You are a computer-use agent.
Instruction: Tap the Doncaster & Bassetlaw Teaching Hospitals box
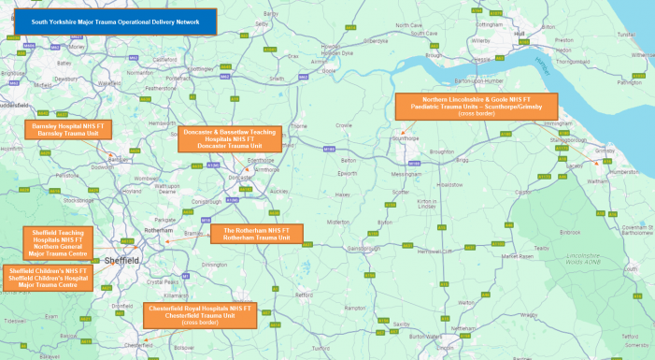point(229,138)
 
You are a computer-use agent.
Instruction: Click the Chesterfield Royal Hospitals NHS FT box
point(199,315)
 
